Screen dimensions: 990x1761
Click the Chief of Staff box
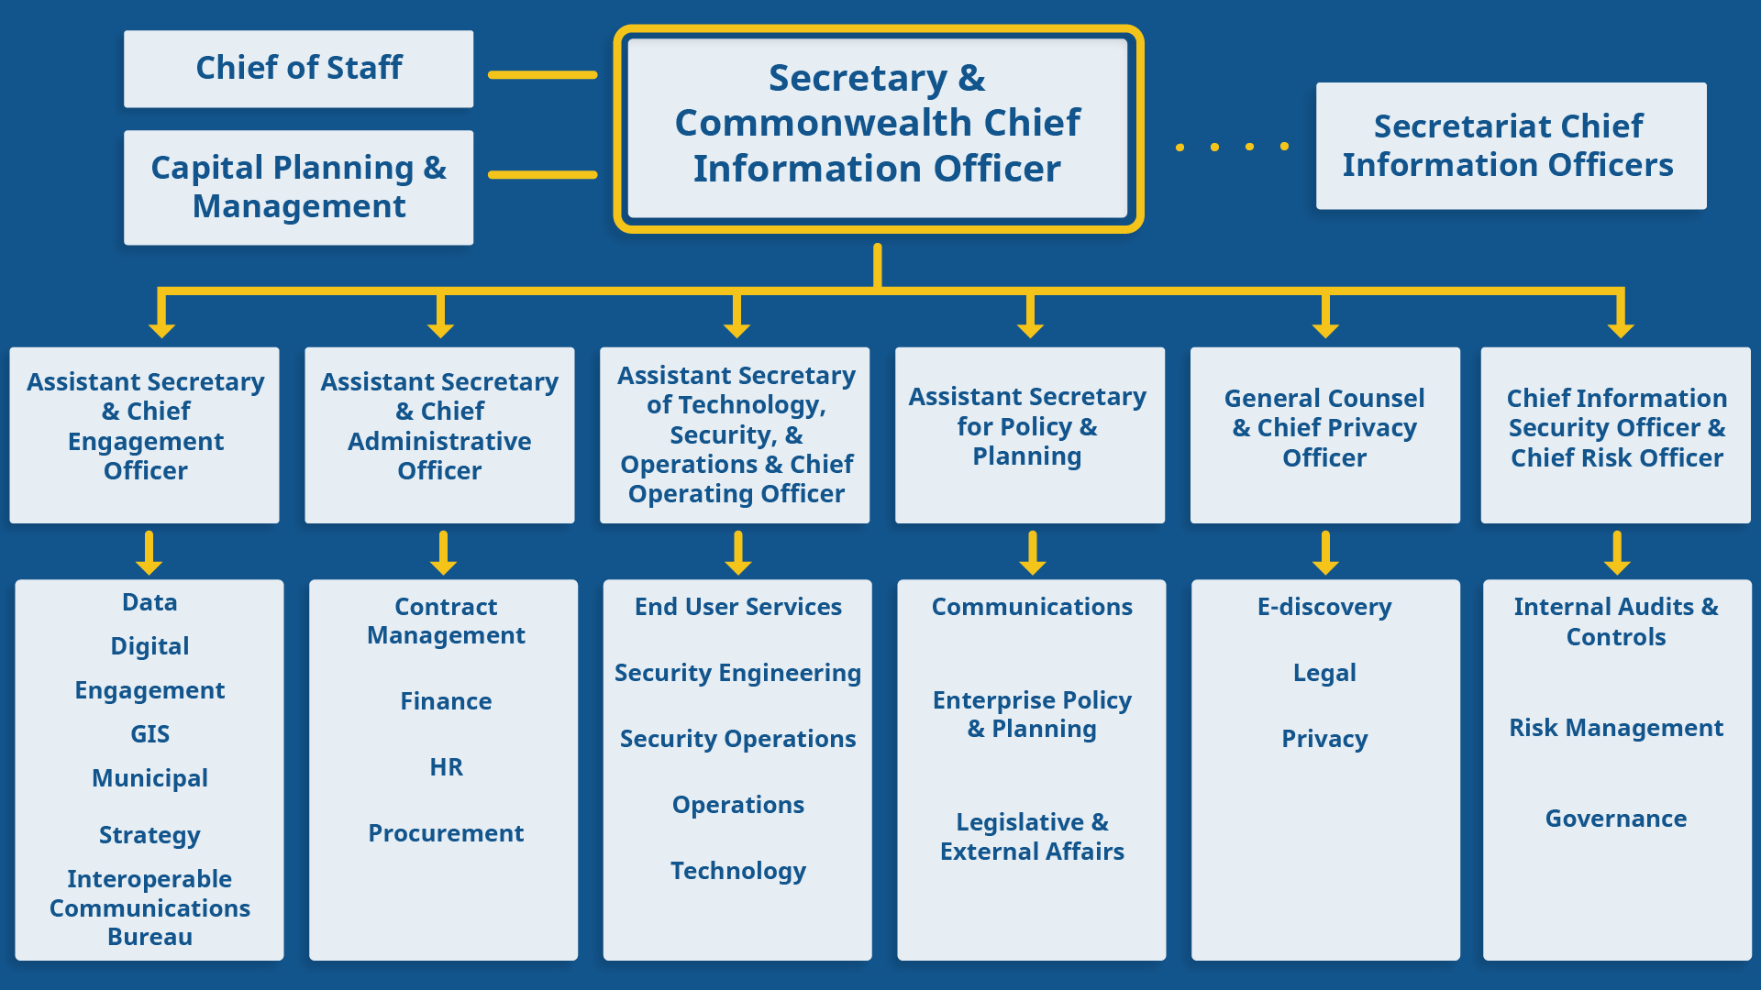pos(298,69)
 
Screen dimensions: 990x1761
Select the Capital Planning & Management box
pos(298,187)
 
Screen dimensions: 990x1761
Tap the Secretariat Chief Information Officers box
pos(1510,146)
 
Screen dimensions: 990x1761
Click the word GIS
pos(150,734)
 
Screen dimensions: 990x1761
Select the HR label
pos(446,767)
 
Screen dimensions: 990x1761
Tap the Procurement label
pos(446,833)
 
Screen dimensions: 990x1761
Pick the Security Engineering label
pos(737,673)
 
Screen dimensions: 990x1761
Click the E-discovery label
pos(1324,607)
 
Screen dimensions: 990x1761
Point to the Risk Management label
pos(1615,728)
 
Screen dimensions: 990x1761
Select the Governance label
pos(1615,819)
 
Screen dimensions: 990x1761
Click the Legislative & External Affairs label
pos(1032,836)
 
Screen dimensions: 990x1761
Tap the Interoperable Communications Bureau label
pos(150,907)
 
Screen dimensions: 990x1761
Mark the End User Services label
pos(737,607)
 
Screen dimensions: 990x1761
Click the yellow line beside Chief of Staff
pos(542,75)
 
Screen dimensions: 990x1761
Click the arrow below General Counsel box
pos(1324,553)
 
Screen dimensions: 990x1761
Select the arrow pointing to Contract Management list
pos(444,553)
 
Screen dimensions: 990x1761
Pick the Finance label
pos(446,701)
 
